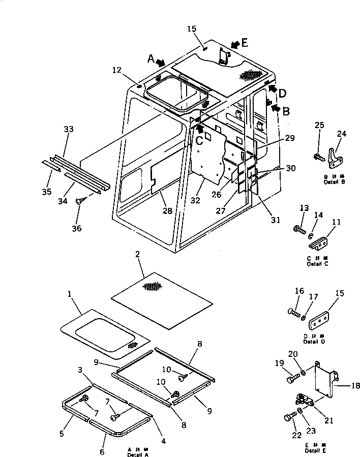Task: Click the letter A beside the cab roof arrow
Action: tap(151, 59)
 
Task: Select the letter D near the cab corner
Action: tap(283, 93)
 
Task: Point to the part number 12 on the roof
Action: tap(117, 70)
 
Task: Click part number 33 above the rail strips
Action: tap(69, 130)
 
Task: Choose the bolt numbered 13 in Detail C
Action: tap(299, 229)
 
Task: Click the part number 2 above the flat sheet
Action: tap(137, 254)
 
